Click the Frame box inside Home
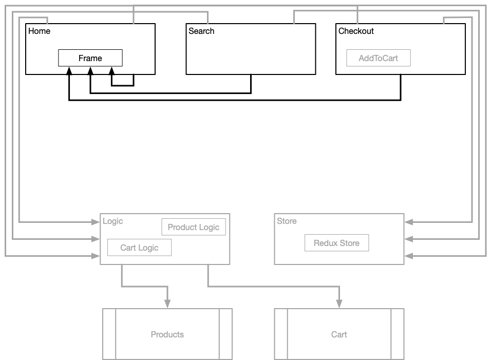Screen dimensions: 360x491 pyautogui.click(x=90, y=58)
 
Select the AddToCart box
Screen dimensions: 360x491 pyautogui.click(x=379, y=58)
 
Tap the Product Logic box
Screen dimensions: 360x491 pyautogui.click(x=194, y=227)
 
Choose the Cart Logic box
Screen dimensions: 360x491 pyautogui.click(x=139, y=248)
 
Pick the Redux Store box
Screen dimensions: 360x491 pyautogui.click(x=336, y=243)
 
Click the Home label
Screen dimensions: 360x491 pyautogui.click(x=40, y=31)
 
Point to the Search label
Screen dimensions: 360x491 pyautogui.click(x=201, y=31)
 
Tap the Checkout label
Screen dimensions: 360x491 pyautogui.click(x=356, y=31)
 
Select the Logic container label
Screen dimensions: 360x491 pyautogui.click(x=113, y=221)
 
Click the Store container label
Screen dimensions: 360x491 pyautogui.click(x=287, y=221)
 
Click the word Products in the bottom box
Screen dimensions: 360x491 pyautogui.click(x=167, y=334)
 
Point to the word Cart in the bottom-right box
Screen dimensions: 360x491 pyautogui.click(x=339, y=334)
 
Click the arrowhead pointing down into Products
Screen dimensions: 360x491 pyautogui.click(x=167, y=305)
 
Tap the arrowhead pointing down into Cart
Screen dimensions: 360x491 pyautogui.click(x=339, y=305)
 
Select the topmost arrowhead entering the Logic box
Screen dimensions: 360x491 pyautogui.click(x=96, y=222)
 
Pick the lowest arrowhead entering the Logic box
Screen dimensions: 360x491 pyautogui.click(x=96, y=255)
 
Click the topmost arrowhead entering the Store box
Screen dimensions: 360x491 pyautogui.click(x=409, y=222)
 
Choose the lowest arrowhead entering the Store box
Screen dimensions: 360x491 pyautogui.click(x=409, y=255)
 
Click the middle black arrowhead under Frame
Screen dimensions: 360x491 pyautogui.click(x=90, y=70)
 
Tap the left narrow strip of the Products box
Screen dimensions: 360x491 pyautogui.click(x=109, y=334)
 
